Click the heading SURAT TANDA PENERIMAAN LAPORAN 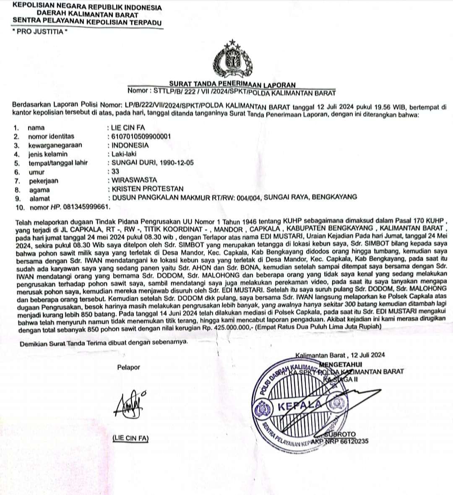pyautogui.click(x=232, y=85)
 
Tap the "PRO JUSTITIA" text pyautogui.click(x=40, y=31)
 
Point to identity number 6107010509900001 pyautogui.click(x=141, y=136)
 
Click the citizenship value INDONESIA pyautogui.click(x=130, y=145)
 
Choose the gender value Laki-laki pyautogui.click(x=124, y=154)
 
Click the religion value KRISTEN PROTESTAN pyautogui.click(x=148, y=189)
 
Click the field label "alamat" pyautogui.click(x=39, y=198)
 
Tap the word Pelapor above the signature pyautogui.click(x=129, y=367)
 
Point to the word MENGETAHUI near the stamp pyautogui.click(x=341, y=364)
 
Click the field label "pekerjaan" pyautogui.click(x=44, y=181)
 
